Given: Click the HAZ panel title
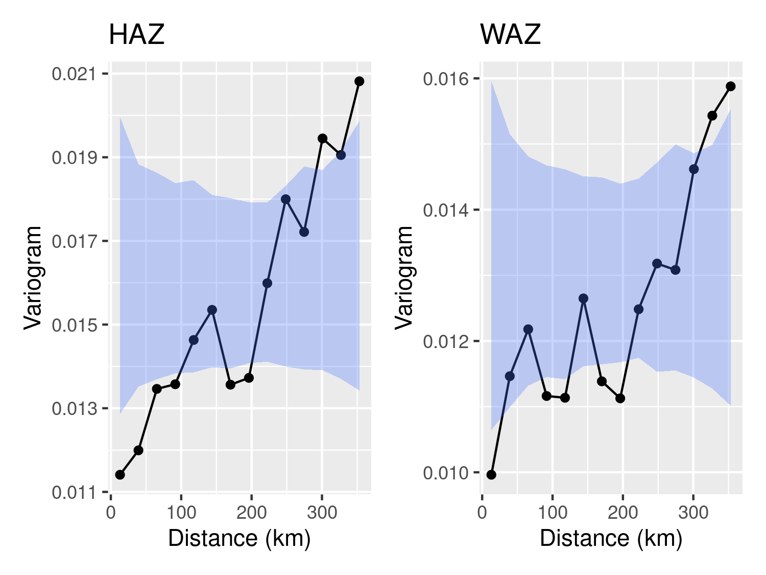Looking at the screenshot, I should pyautogui.click(x=136, y=35).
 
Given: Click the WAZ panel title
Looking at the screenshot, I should pyautogui.click(x=510, y=35).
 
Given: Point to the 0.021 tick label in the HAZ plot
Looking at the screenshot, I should pyautogui.click(x=74, y=74).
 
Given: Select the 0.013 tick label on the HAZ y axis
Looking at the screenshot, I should pyautogui.click(x=74, y=409).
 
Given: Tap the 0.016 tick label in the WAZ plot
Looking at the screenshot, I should pyautogui.click(x=445, y=79).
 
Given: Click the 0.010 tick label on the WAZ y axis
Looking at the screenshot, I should pyautogui.click(x=445, y=473).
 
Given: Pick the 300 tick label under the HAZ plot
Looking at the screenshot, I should pyautogui.click(x=322, y=513).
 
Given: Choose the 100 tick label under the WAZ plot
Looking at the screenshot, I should pyautogui.click(x=552, y=513).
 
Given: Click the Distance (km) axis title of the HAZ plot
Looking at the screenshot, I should pyautogui.click(x=239, y=539).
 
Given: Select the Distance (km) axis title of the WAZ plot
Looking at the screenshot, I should pyautogui.click(x=611, y=539).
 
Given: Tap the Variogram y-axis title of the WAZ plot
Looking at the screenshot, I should pyautogui.click(x=404, y=277).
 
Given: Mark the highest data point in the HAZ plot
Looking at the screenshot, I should pyautogui.click(x=359, y=81).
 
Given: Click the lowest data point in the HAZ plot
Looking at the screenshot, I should pyautogui.click(x=120, y=475).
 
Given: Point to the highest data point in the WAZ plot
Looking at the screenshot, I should pyautogui.click(x=731, y=86).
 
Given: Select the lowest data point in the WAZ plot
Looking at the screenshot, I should pyautogui.click(x=491, y=475).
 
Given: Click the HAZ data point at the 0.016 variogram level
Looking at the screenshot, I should pyautogui.click(x=267, y=283).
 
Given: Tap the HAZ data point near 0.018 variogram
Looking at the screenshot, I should pyautogui.click(x=285, y=199).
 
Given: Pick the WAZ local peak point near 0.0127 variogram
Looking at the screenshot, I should pyautogui.click(x=583, y=298).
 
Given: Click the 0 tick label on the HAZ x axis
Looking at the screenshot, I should pyautogui.click(x=111, y=513).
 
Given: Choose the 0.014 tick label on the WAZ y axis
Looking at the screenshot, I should pyautogui.click(x=445, y=210).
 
